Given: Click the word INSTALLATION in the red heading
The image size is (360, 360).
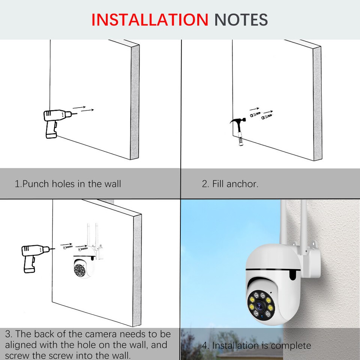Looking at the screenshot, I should click(x=150, y=19).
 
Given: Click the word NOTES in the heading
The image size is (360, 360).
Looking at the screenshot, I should click(x=241, y=19).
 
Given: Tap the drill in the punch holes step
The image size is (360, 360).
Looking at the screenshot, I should click(x=52, y=122).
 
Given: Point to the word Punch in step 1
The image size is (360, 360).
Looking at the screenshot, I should click(x=36, y=184).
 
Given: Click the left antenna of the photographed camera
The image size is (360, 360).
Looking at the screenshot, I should click(x=284, y=221).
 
